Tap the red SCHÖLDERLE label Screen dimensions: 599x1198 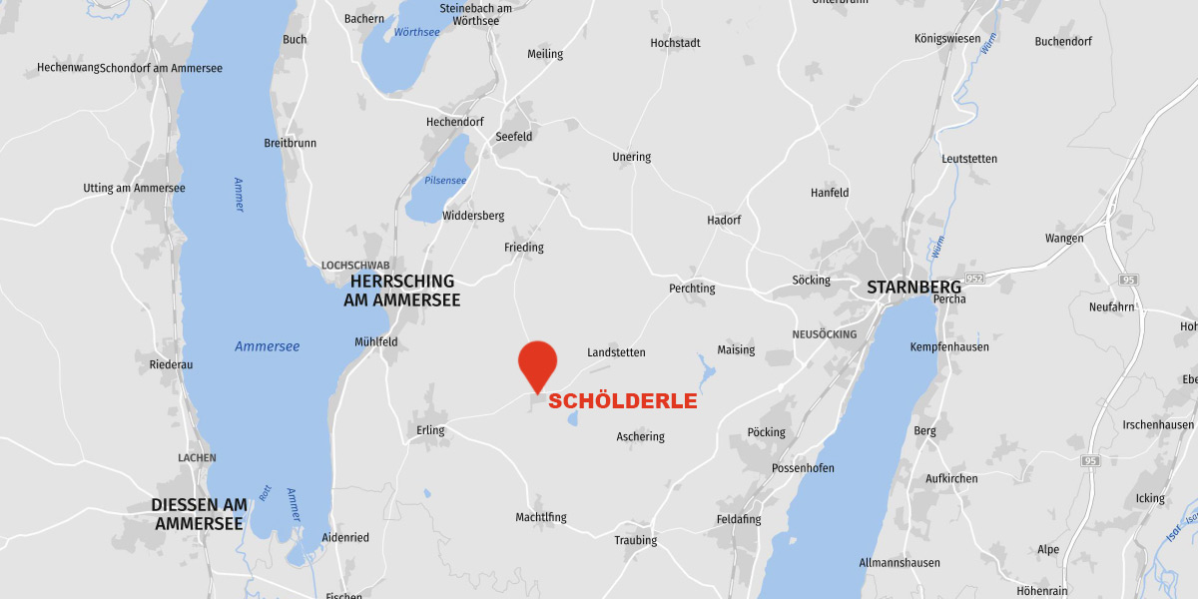622,401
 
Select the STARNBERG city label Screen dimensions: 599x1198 913,288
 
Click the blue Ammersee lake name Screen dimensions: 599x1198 267,346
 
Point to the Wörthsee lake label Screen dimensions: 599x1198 416,32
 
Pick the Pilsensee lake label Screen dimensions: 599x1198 445,181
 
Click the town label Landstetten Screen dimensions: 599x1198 616,352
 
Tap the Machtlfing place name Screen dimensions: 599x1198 541,517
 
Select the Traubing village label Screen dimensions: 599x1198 636,541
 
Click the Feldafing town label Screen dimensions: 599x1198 739,520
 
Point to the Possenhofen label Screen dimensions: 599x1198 803,468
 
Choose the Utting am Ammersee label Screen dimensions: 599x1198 134,189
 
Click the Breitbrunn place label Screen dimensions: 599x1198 290,143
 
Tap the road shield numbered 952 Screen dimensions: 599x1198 974,278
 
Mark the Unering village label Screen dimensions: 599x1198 631,157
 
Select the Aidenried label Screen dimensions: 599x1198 345,538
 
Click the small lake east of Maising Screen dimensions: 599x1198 706,374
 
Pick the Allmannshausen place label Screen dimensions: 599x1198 899,563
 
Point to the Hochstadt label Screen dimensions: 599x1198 675,43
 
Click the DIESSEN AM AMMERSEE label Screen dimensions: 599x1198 199,514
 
